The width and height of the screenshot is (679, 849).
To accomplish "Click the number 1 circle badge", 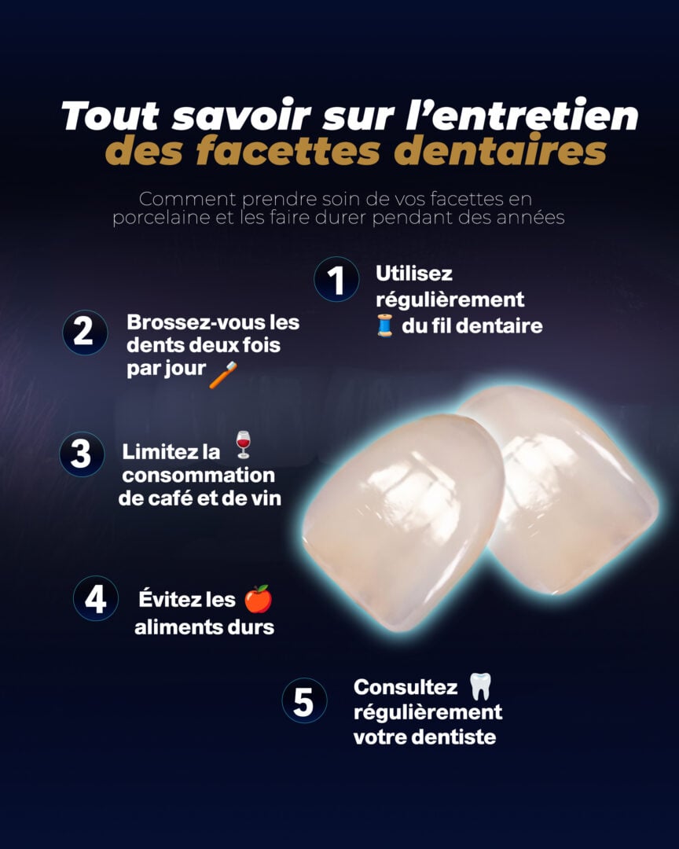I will pos(336,280).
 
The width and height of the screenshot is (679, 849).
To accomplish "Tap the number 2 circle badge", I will pos(84,332).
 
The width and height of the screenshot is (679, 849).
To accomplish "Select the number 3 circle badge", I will pos(82,454).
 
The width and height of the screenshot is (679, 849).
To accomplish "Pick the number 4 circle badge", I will pos(96,598).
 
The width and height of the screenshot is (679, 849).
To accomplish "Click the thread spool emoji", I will pos(385,325).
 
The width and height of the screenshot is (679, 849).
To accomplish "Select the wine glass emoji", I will pos(244,445).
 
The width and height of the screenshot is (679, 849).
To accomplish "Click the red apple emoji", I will pos(258,599).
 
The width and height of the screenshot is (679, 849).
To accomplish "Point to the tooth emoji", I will pos(479,686).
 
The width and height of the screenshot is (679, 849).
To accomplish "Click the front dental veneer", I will pos(401,519).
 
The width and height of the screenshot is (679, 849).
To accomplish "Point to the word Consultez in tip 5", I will pos(406,687).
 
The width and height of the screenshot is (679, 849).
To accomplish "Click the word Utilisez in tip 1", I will pos(414,274).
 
